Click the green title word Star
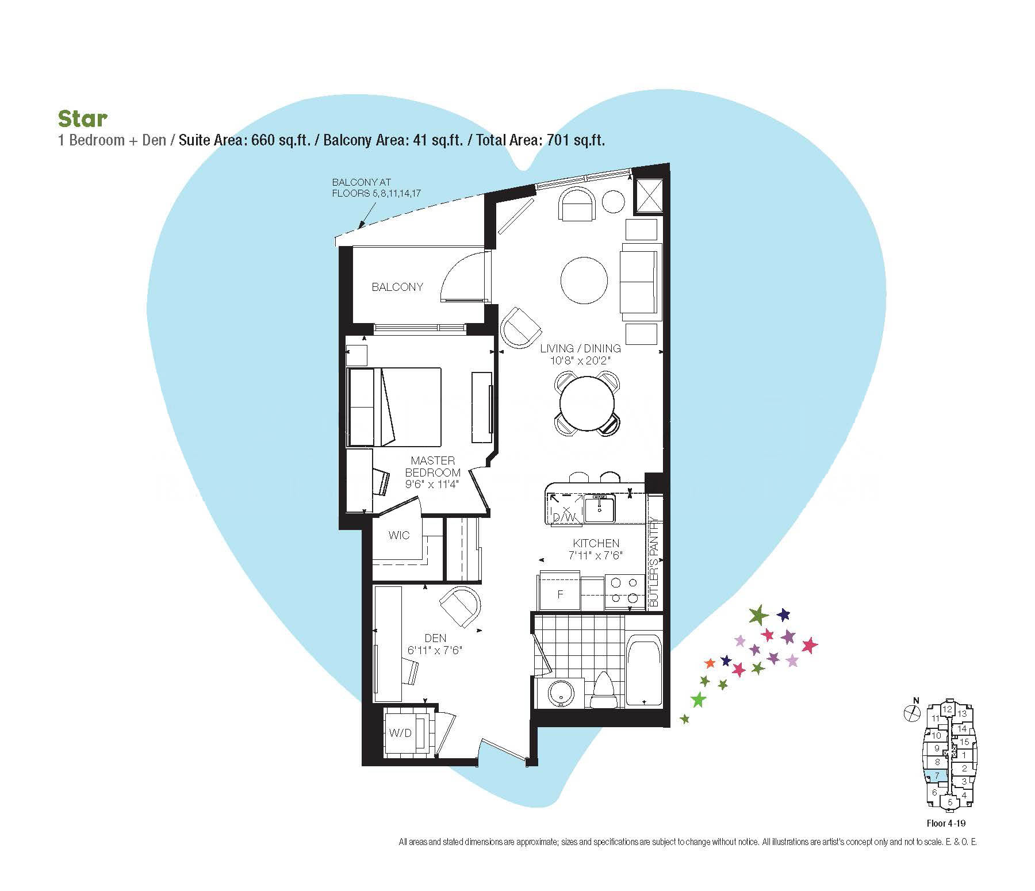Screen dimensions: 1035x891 point(83,118)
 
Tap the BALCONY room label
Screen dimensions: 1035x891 point(397,287)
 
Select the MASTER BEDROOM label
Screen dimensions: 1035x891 point(432,467)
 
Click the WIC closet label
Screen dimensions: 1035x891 point(398,535)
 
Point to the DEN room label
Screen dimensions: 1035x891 point(435,638)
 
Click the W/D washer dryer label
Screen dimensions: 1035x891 point(400,733)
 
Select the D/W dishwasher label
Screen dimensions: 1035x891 point(564,517)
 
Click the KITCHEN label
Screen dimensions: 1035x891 point(596,543)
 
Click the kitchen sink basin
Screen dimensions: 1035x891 point(599,508)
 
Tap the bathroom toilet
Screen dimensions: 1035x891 point(603,690)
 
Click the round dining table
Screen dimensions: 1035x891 point(587,402)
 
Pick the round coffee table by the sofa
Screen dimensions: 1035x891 point(584,281)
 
